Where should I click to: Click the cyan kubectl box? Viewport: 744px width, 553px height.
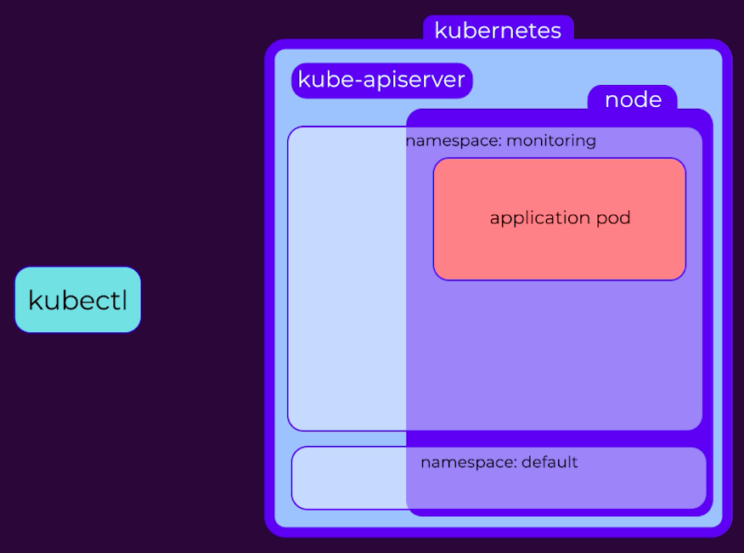(78, 300)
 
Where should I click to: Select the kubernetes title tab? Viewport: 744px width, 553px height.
(499, 30)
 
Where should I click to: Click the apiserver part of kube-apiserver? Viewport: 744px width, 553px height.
(414, 80)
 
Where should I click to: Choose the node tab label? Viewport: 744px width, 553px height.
(633, 99)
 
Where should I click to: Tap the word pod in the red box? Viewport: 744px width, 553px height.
(613, 217)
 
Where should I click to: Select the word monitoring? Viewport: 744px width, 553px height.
(551, 140)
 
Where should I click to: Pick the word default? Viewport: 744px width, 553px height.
(550, 462)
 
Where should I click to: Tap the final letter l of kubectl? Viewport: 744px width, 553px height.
(125, 300)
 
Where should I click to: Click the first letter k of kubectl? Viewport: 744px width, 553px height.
(35, 300)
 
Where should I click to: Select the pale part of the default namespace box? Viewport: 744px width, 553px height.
(349, 478)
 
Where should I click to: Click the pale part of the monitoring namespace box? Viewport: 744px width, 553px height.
(347, 279)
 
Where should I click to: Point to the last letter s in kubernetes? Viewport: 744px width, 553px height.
(555, 31)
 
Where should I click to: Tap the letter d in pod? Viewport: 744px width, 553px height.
(625, 217)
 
